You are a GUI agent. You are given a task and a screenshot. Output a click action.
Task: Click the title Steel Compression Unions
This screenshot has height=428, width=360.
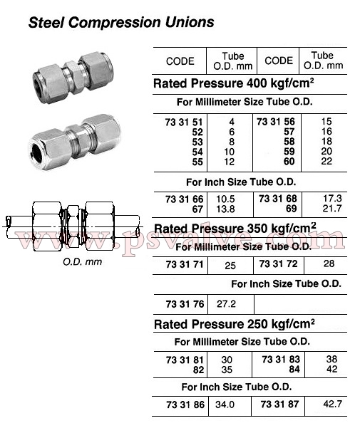(x=121, y=22)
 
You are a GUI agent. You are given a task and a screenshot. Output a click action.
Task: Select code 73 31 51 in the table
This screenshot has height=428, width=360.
(x=184, y=122)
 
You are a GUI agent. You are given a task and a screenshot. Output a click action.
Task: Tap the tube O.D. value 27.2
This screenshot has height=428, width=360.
(x=226, y=304)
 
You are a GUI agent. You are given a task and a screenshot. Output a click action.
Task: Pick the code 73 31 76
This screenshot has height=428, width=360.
(x=185, y=304)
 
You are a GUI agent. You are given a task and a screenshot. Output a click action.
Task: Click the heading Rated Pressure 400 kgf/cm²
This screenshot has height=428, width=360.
(x=234, y=83)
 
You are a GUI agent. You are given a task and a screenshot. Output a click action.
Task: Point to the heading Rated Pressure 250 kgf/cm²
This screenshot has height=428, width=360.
(x=234, y=324)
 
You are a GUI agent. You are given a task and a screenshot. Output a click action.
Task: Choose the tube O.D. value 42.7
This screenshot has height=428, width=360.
(x=332, y=404)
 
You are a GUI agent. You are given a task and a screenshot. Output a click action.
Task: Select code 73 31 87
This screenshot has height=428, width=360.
(x=279, y=404)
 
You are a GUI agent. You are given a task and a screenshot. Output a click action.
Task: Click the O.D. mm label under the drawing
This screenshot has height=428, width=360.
(x=82, y=262)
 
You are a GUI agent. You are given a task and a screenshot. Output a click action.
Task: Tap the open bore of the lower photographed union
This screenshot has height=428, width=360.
(x=37, y=153)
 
